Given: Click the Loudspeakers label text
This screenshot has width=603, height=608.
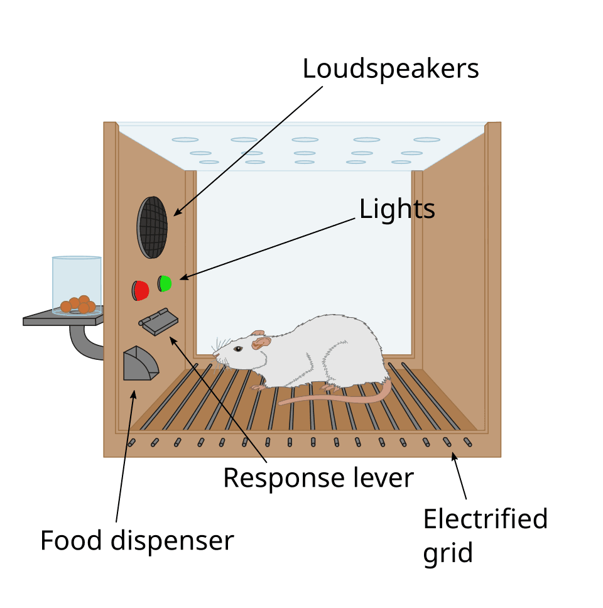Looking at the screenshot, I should click(x=390, y=69).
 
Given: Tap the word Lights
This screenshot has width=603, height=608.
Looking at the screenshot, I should click(x=396, y=209).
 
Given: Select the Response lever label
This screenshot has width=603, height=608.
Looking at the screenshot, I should click(x=318, y=478).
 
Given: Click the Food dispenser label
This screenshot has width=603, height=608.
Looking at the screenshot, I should click(x=137, y=540).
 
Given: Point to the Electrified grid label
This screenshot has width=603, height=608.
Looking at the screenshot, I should click(x=484, y=536).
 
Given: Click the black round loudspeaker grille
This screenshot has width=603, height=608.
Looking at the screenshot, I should click(x=153, y=227).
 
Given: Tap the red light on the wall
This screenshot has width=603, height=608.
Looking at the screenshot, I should click(x=140, y=290).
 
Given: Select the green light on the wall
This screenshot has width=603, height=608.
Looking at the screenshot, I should click(x=165, y=283).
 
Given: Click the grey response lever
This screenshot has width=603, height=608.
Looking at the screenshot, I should click(x=158, y=322).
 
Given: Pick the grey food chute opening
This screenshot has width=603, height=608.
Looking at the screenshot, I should click(x=139, y=364).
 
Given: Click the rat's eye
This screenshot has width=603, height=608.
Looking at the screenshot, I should click(x=237, y=349).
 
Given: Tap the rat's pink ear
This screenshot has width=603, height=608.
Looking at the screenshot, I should click(x=261, y=341).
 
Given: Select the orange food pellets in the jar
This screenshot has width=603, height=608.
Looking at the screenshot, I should click(x=78, y=305).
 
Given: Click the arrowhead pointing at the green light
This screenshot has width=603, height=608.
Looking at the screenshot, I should click(x=183, y=278).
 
